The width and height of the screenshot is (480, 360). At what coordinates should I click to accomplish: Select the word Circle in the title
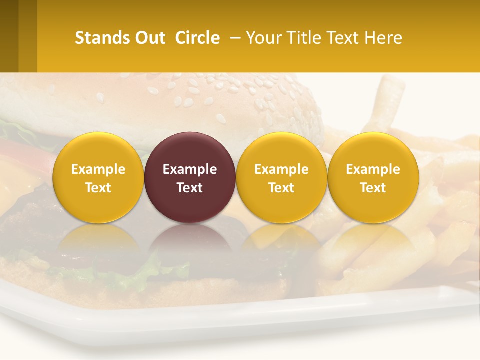coord(197,38)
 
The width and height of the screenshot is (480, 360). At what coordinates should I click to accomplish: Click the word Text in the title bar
coord(345,38)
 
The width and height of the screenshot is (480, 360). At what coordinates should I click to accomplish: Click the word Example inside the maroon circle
coord(190,169)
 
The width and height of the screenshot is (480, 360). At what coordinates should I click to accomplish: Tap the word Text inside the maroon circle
coord(190,188)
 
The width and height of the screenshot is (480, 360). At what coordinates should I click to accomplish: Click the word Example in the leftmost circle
coord(98,169)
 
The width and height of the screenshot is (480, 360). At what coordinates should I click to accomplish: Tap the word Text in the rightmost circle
coord(373,188)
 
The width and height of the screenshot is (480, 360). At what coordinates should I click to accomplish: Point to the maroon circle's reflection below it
coord(190,245)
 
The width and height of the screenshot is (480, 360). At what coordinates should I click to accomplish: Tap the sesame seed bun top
coord(220,100)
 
